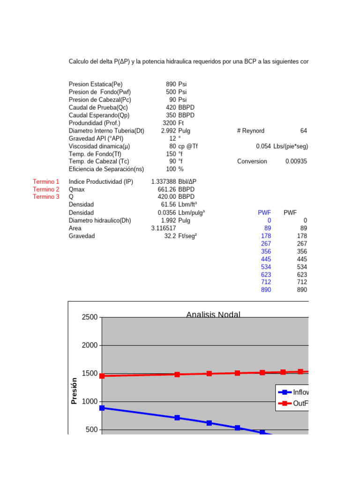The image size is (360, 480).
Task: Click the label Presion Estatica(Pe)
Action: [96, 84]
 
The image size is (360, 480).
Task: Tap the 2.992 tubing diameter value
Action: [168, 131]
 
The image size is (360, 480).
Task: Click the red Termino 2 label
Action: [46, 189]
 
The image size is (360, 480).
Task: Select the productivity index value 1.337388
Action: [164, 181]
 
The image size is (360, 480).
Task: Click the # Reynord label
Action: [251, 131]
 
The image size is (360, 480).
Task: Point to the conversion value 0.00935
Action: [296, 161]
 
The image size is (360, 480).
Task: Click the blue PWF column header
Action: [264, 212]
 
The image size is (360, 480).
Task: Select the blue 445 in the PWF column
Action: [266, 259]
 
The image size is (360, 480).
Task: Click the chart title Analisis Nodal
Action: [213, 315]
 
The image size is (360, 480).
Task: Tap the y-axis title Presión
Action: [74, 391]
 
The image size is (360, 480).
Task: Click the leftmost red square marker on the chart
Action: [102, 376]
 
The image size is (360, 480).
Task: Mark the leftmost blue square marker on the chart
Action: [102, 408]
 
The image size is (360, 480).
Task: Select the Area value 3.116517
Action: [164, 228]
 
